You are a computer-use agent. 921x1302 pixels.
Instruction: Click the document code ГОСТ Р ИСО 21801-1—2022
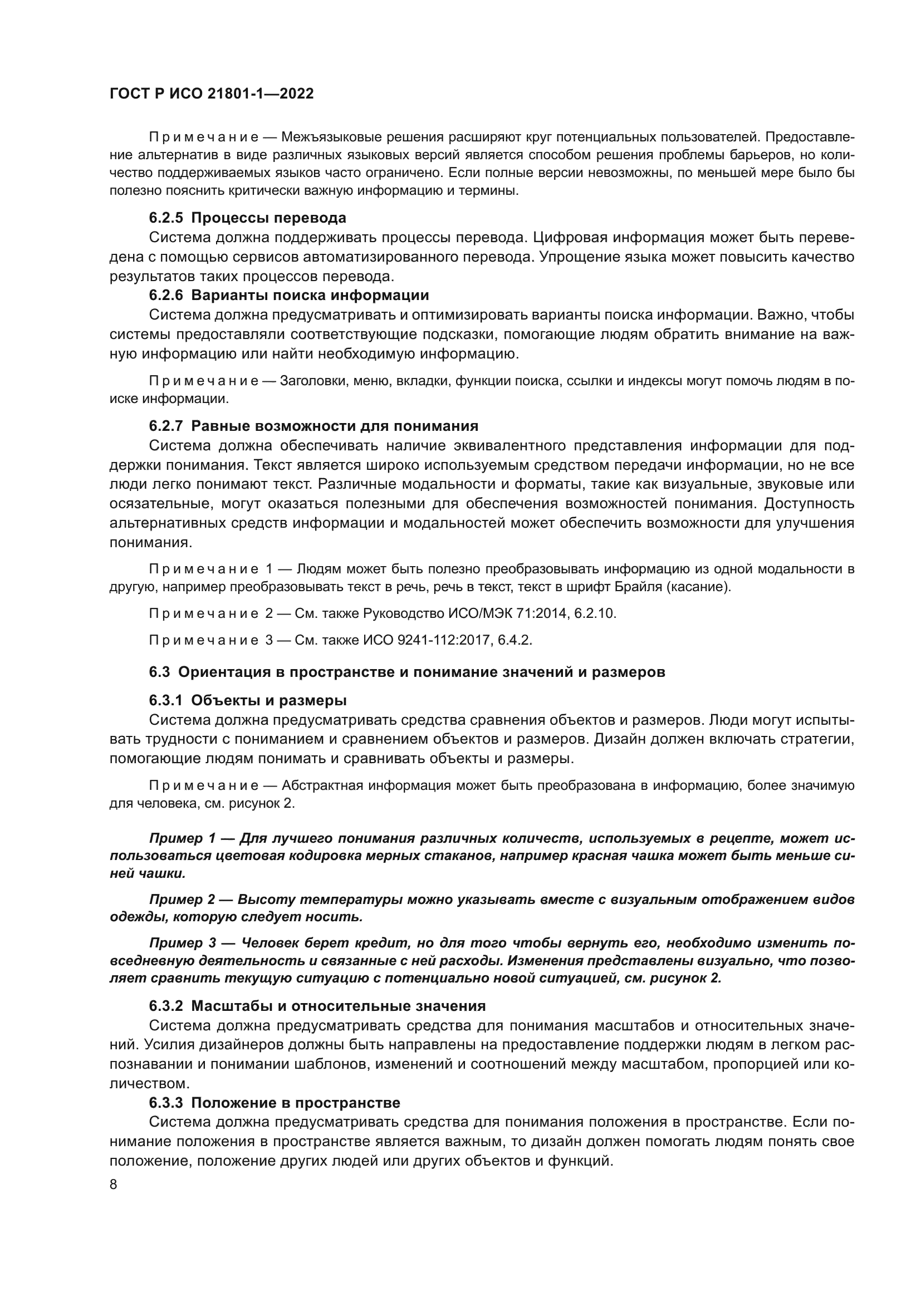click(212, 94)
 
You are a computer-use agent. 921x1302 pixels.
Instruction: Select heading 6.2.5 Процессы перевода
click(247, 218)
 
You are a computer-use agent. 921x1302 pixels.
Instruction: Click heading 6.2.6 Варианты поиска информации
click(288, 295)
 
